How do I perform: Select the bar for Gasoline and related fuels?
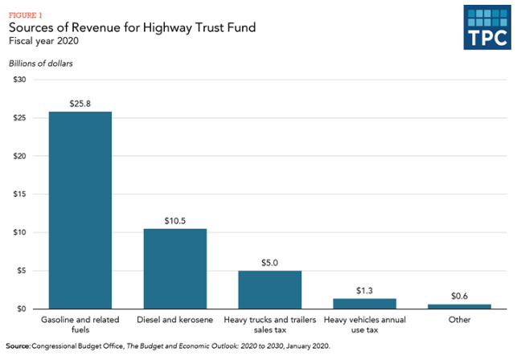click(x=80, y=211)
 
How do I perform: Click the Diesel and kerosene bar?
click(x=174, y=268)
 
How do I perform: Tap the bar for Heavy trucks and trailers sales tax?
click(x=269, y=289)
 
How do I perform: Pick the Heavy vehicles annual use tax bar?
click(x=364, y=304)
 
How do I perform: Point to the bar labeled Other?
click(x=459, y=306)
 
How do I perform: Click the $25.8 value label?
click(x=80, y=104)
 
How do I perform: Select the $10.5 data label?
click(x=175, y=221)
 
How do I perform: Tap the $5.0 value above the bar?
click(x=269, y=263)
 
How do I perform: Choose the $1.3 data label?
click(x=364, y=291)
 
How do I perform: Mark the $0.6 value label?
click(x=459, y=297)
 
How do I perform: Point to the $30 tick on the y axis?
click(x=19, y=80)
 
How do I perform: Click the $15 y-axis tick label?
click(x=19, y=194)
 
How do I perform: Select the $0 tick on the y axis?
click(x=22, y=309)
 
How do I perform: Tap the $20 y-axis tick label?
click(x=19, y=156)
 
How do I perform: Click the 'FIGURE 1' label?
click(x=26, y=13)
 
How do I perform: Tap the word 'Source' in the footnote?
click(x=17, y=346)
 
